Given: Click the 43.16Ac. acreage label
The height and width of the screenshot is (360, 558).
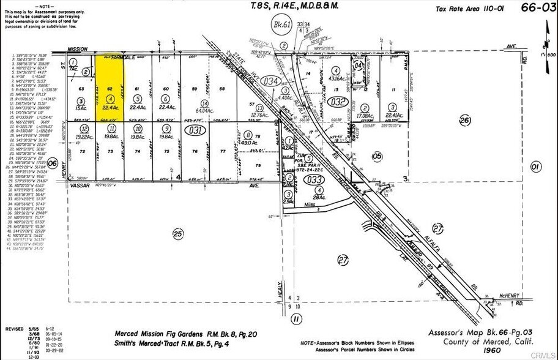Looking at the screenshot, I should [x=335, y=78].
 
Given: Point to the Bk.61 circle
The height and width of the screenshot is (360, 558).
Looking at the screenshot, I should [x=278, y=26].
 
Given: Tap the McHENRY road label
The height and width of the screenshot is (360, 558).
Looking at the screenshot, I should [x=508, y=295].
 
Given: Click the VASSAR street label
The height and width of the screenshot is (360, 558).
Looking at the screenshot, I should [x=79, y=184].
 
